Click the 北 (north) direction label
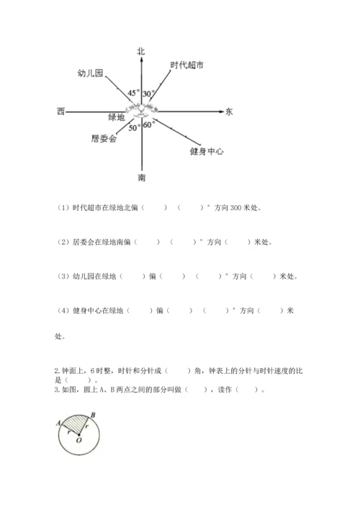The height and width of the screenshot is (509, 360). tap(141, 50)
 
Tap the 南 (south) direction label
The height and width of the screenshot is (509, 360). tap(142, 176)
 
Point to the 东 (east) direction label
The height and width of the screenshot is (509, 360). tap(229, 112)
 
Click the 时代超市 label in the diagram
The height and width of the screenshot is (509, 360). tap(186, 65)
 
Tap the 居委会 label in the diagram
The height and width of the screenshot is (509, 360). tap(104, 137)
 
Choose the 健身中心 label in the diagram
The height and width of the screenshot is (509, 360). tap(207, 151)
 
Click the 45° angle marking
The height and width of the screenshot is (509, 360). tap(133, 93)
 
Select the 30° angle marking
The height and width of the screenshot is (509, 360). tap(149, 94)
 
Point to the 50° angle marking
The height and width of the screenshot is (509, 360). tap(134, 127)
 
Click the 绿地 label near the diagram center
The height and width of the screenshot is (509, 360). tap(117, 117)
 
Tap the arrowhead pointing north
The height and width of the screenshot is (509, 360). tap(142, 60)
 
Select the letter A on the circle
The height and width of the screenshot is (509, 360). tap(57, 425)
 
